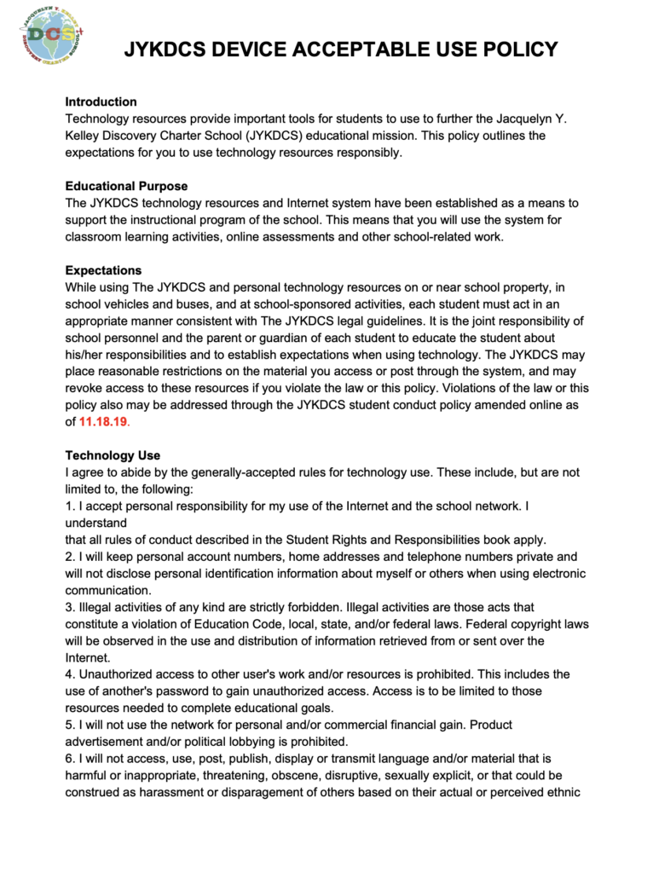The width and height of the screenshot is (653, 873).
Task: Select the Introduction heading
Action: tap(101, 101)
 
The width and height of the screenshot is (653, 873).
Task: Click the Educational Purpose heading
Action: tap(126, 186)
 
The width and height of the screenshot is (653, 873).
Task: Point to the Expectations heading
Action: tap(103, 270)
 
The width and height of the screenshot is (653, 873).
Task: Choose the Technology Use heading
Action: tap(113, 455)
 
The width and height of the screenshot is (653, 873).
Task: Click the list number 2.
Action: tap(69, 557)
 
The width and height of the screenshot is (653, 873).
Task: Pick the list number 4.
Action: tap(69, 674)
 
